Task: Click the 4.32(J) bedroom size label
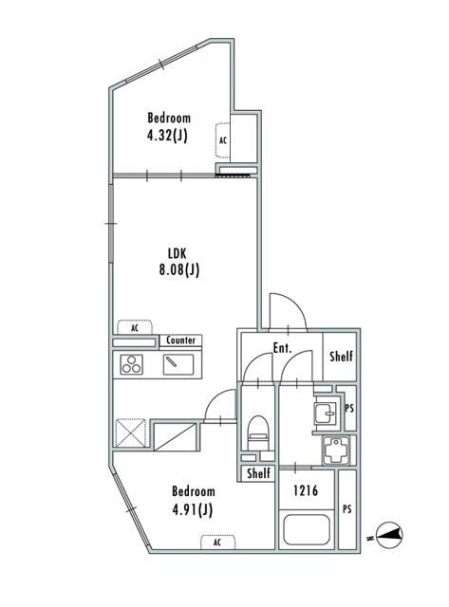click(167, 136)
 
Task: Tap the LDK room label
click(178, 253)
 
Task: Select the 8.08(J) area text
click(179, 269)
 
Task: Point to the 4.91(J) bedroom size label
click(192, 509)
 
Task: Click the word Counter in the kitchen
click(180, 340)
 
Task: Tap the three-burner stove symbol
click(131, 364)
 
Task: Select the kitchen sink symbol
click(178, 364)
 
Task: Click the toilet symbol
click(258, 432)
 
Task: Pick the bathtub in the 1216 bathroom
click(307, 529)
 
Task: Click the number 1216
click(306, 490)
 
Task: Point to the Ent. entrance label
click(282, 348)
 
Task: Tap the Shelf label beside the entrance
click(341, 356)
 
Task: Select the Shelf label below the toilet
click(258, 472)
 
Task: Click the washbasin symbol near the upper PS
click(326, 414)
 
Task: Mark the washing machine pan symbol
click(336, 450)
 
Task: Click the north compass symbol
click(390, 535)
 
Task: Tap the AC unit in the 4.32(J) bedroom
click(223, 140)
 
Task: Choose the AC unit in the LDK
click(135, 327)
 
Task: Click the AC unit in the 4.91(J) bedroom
click(217, 542)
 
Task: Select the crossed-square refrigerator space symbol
click(131, 432)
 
